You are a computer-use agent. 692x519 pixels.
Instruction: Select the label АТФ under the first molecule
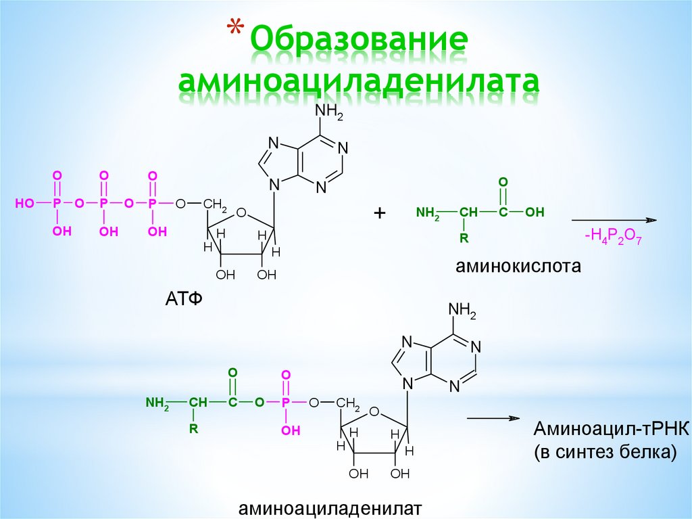pyautogui.click(x=184, y=298)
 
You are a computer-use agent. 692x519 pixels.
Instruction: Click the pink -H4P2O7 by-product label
pyautogui.click(x=612, y=236)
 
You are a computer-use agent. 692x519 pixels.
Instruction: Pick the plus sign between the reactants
pyautogui.click(x=379, y=213)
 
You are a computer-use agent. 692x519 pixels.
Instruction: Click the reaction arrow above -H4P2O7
pyautogui.click(x=614, y=221)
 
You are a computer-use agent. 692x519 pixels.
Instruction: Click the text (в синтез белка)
pyautogui.click(x=605, y=453)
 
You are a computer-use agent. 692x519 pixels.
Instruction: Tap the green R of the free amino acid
pyautogui.click(x=464, y=238)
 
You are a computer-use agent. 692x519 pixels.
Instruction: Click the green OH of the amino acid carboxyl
pyautogui.click(x=535, y=212)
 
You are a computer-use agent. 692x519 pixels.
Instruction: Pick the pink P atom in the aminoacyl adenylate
pyautogui.click(x=285, y=403)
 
